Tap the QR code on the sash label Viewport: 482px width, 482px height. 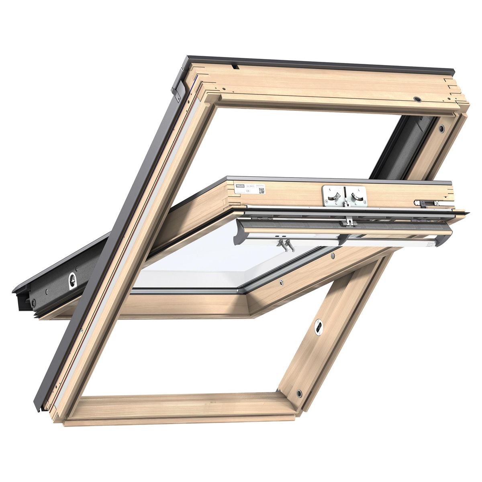click(x=261, y=190)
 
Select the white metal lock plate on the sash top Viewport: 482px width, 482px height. click(x=344, y=196)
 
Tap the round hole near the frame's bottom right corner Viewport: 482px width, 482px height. click(x=299, y=392)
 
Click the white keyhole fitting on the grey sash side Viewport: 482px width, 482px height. click(x=72, y=280)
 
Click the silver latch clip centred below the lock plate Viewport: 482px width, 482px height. click(x=350, y=221)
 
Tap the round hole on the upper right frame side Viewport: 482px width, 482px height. click(x=441, y=129)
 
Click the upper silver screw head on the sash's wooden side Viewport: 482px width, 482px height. click(x=333, y=256)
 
